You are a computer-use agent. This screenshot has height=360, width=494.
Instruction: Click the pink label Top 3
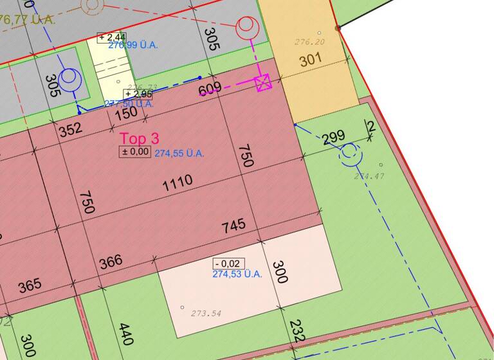click(139, 138)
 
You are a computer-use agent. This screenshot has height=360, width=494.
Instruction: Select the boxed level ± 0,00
click(135, 152)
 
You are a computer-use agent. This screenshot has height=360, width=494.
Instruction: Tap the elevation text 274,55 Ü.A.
click(179, 154)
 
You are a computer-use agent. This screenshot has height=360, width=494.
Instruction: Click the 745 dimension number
click(233, 226)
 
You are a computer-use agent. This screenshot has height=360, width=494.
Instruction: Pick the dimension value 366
click(111, 262)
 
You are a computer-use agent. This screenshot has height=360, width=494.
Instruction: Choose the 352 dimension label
click(70, 129)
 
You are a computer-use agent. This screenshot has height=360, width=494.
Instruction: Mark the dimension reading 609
click(210, 88)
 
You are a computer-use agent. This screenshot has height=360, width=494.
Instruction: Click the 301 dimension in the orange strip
click(310, 61)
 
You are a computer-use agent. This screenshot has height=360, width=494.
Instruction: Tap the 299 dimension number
click(333, 137)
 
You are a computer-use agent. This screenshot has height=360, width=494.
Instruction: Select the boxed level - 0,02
click(228, 264)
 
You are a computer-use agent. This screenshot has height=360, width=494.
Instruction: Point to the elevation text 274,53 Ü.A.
click(237, 274)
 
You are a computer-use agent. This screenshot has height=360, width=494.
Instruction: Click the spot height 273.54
click(206, 314)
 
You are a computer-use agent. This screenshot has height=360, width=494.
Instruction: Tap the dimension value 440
click(126, 335)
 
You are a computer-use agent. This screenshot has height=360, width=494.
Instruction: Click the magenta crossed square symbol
click(263, 83)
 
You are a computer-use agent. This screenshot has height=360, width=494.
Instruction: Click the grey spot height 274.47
click(369, 175)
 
